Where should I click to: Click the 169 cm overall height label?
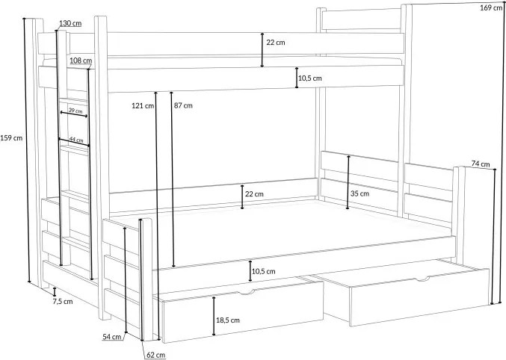[490, 7]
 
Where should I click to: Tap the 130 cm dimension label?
[70, 24]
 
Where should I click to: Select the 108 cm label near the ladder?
[81, 61]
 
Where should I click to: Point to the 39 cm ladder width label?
[75, 111]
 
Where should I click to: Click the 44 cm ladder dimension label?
[75, 140]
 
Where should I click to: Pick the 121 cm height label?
[142, 105]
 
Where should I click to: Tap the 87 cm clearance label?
[182, 105]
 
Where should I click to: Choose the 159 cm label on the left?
[12, 137]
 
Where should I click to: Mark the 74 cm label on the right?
[481, 164]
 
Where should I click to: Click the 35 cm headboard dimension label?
[360, 193]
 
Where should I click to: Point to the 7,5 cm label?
[62, 302]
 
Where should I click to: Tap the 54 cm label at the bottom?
[111, 337]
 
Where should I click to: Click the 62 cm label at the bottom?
[155, 354]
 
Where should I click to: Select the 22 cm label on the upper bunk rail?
[275, 43]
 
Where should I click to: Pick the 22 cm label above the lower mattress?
[254, 194]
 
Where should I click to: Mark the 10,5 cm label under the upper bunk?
[309, 78]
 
